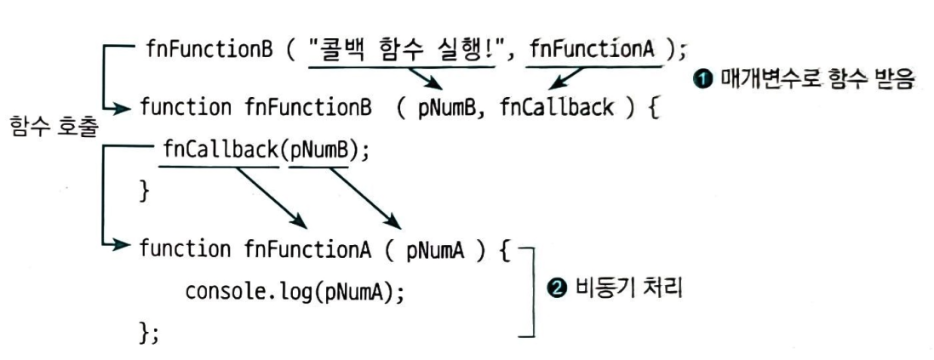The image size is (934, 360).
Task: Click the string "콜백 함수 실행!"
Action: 399,48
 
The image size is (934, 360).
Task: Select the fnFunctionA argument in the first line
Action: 593,48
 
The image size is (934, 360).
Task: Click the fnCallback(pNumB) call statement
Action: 266,153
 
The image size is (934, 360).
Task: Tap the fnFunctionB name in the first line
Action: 212,48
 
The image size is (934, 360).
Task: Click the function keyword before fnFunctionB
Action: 185,109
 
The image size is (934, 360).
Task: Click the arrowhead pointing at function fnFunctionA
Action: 124,249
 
